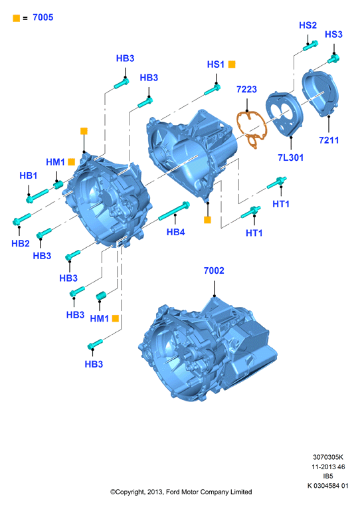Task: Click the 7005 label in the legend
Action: pyautogui.click(x=43, y=17)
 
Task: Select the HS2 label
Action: pyautogui.click(x=308, y=25)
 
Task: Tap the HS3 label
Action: pyautogui.click(x=333, y=35)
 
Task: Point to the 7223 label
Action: pyautogui.click(x=246, y=89)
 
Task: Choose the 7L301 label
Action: pyautogui.click(x=290, y=157)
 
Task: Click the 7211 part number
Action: pyautogui.click(x=329, y=140)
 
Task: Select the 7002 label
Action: pyautogui.click(x=214, y=270)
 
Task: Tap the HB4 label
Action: pyautogui.click(x=175, y=232)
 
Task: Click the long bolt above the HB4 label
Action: pyautogui.click(x=174, y=211)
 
